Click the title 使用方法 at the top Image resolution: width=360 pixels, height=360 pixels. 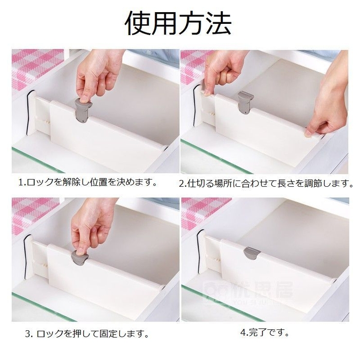click(x=178, y=23)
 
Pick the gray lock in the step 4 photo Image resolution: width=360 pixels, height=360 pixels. click(x=252, y=253)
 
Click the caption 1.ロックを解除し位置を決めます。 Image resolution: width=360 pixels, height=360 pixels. click(x=88, y=182)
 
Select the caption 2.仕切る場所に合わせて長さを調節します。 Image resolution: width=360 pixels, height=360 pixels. click(x=266, y=183)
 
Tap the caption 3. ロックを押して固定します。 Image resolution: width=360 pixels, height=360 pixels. click(x=87, y=334)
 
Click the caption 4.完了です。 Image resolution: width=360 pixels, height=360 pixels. click(x=265, y=332)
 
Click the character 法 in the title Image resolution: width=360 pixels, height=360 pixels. click(x=218, y=23)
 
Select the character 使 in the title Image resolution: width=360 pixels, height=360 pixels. click(x=138, y=23)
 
